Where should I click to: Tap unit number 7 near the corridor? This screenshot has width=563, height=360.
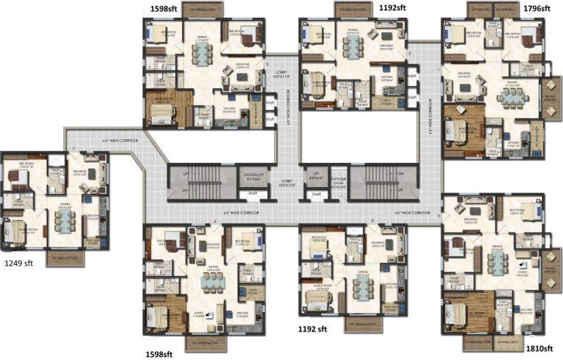point(74,148)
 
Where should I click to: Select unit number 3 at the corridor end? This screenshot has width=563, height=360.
point(438,216)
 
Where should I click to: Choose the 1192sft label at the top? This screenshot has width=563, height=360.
point(393,7)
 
